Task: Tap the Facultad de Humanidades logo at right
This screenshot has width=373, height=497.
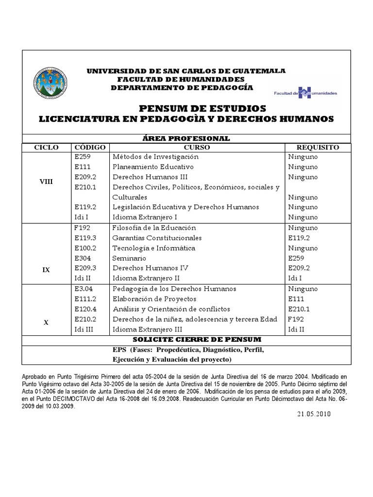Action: tap(305, 92)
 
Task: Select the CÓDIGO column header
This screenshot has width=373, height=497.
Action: tap(90, 147)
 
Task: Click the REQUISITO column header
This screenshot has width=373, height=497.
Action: tap(318, 147)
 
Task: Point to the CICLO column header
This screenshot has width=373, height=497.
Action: tap(47, 147)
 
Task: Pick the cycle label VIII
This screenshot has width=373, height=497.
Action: tap(47, 182)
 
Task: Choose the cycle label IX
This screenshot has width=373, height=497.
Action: tap(47, 269)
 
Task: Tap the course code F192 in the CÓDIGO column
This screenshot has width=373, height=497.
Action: tap(83, 228)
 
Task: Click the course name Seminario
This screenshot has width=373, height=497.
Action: tap(129, 258)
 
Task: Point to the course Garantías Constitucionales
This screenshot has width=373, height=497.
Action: tap(157, 238)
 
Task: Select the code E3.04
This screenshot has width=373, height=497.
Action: tap(84, 289)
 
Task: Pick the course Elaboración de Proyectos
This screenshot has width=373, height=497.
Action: tap(154, 299)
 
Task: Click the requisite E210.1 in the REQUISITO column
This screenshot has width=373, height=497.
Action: tap(299, 309)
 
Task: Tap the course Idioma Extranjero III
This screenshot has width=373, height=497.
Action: tap(147, 330)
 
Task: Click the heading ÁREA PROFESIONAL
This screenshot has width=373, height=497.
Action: tap(186, 138)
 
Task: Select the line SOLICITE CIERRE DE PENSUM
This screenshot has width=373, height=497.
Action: tap(186, 339)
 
